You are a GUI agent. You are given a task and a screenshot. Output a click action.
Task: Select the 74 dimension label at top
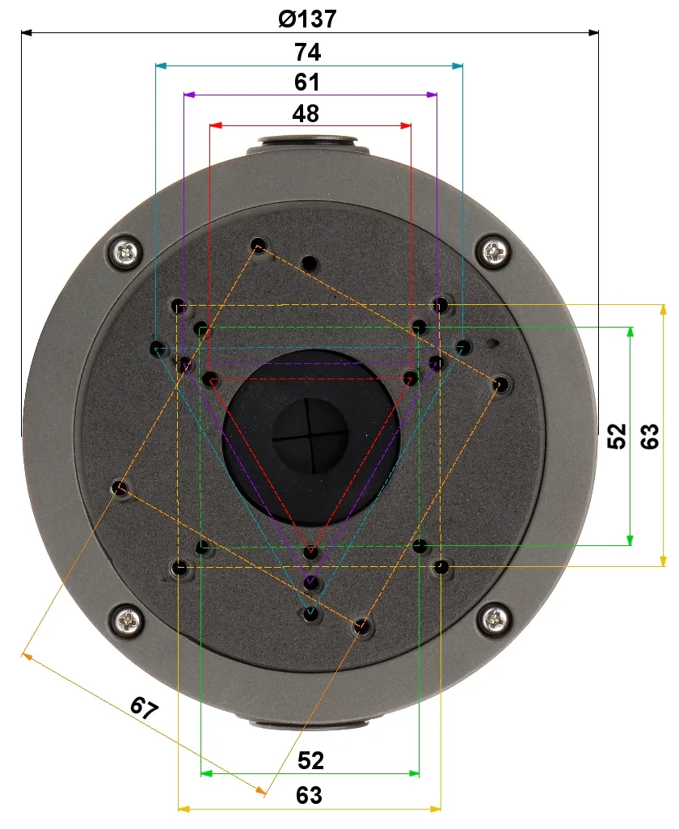click(x=307, y=53)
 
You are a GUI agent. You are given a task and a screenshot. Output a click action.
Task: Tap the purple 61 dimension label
click(x=307, y=82)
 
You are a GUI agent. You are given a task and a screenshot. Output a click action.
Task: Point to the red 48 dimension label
click(x=306, y=113)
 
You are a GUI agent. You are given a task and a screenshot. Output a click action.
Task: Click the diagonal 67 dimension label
click(x=144, y=709)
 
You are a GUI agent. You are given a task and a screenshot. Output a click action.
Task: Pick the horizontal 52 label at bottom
click(x=310, y=760)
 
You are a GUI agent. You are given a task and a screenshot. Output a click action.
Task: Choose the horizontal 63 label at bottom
click(x=308, y=795)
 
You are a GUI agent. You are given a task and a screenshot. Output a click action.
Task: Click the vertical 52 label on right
click(x=617, y=436)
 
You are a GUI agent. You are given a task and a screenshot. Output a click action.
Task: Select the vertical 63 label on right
click(x=649, y=436)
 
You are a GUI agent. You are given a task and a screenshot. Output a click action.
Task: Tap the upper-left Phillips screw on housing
click(x=127, y=253)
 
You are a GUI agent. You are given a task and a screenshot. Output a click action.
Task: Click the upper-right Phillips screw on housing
click(x=495, y=252)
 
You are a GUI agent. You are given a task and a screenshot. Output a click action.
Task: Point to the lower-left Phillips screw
click(x=128, y=620)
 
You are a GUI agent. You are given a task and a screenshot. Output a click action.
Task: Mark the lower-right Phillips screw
click(x=494, y=620)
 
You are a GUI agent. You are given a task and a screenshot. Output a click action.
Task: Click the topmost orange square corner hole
click(x=259, y=244)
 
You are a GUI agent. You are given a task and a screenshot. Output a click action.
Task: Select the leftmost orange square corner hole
click(x=120, y=487)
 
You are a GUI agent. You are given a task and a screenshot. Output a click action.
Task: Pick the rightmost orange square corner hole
click(x=501, y=383)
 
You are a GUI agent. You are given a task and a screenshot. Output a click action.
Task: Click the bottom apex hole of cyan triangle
click(x=310, y=614)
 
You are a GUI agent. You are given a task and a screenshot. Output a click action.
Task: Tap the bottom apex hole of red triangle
click(x=310, y=552)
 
